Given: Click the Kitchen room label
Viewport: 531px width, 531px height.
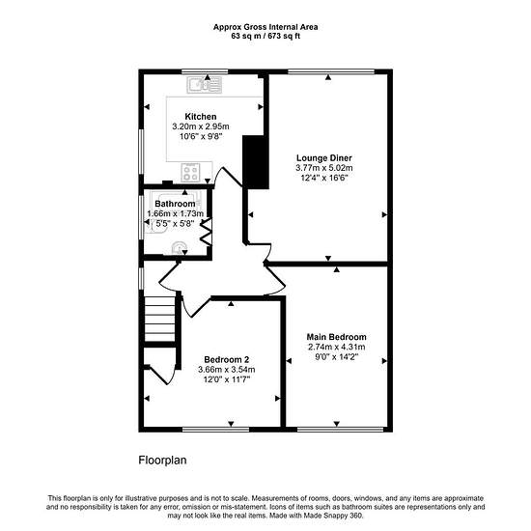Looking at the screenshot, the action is pos(201,117).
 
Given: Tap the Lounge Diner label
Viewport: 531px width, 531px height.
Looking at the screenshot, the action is pos(324,157).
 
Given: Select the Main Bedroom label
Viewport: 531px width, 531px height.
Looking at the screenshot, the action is pos(336,337).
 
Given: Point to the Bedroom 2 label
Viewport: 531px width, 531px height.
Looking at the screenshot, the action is pos(227,360).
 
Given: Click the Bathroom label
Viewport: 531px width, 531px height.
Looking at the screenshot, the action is pos(175,204).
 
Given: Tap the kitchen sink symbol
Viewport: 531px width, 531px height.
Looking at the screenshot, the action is pos(205,85).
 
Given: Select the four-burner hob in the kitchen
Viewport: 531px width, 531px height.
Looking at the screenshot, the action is pos(190,173).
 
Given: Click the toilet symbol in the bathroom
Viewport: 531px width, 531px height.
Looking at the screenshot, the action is pos(179,247).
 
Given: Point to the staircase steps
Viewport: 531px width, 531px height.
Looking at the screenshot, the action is pos(159,320).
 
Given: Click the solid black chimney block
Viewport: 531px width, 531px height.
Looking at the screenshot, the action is pos(256,162).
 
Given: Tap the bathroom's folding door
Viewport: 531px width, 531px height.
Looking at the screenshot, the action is pos(207,232).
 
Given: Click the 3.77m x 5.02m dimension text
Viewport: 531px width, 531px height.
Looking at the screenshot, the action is pos(324,168).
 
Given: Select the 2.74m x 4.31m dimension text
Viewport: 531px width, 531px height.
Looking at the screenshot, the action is pos(336,347).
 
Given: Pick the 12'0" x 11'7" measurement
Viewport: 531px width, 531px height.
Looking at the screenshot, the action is pos(227,379).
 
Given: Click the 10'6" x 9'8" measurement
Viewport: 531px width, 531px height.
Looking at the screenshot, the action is pos(201,136).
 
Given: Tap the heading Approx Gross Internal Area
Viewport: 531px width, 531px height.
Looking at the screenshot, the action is pos(265,27).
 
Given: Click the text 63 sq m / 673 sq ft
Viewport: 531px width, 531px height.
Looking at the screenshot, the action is pos(265,36).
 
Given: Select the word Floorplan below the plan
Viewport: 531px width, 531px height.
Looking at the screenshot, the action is pos(162,461).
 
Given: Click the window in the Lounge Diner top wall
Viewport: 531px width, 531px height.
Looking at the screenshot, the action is pos(331,71).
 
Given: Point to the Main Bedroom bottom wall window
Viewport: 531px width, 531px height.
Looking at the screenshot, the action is pos(340,430).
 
